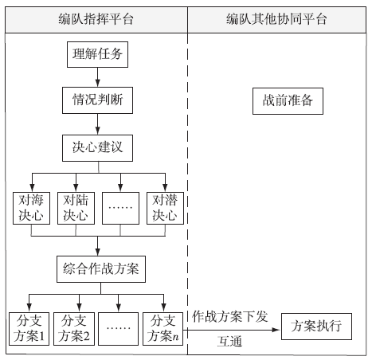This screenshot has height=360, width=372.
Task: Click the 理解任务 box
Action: point(97,54)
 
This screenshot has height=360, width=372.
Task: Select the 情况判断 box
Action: point(97,100)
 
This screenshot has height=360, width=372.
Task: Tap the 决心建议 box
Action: point(97,148)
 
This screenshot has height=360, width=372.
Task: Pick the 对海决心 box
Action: point(31,208)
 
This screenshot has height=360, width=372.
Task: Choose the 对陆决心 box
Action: point(76,208)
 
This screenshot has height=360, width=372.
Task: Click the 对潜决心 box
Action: point(165,208)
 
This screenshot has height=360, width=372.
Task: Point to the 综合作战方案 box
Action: point(101,269)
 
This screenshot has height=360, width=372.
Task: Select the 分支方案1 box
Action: point(29,329)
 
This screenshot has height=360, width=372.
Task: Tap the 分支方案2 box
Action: point(74,329)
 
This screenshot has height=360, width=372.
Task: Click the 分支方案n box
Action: point(163,329)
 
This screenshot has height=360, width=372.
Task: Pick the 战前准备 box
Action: point(288,101)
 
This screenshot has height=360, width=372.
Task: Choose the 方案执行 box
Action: point(316,327)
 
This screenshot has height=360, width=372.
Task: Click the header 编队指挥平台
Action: point(96,20)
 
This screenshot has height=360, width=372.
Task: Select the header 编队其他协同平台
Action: point(276,20)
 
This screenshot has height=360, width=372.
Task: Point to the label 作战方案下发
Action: point(230,316)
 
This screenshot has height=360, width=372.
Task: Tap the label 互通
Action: point(229,342)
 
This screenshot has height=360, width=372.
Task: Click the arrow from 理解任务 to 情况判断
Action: point(97,77)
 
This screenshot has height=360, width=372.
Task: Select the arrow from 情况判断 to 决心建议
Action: point(97,124)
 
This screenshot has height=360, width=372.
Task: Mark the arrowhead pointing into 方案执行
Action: point(277,330)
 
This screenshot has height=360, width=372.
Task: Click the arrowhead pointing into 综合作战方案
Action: point(97,252)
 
